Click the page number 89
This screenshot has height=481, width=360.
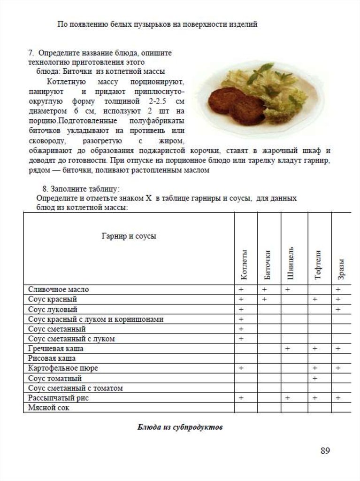click(x=325, y=451)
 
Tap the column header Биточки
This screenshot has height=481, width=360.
click(x=268, y=266)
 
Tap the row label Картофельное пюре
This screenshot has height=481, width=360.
click(x=63, y=368)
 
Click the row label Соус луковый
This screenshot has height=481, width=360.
click(x=53, y=310)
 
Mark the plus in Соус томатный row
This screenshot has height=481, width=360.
click(x=315, y=378)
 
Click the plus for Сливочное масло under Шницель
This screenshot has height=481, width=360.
click(x=287, y=289)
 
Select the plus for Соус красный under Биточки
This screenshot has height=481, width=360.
click(x=264, y=299)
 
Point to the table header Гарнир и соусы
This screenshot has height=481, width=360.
click(x=129, y=236)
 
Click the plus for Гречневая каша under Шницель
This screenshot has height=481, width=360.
click(x=287, y=349)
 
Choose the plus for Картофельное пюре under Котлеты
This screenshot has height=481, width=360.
click(x=241, y=368)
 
